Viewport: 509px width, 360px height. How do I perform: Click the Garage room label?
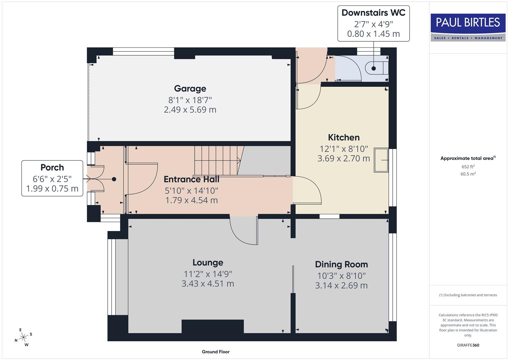pos(190,89)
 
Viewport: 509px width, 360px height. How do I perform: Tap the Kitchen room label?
pos(344,137)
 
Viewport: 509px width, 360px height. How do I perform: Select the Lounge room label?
pos(208,263)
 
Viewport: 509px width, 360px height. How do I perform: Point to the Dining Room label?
pos(341,264)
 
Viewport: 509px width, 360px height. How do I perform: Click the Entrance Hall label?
pos(191,179)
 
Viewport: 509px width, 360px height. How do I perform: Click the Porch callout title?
pos(52,167)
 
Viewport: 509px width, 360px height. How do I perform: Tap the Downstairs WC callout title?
pos(373,13)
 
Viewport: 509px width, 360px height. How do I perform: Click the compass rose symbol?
pos(23,337)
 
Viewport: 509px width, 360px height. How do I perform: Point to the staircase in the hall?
pos(217,160)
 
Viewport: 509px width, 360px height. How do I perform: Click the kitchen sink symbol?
pos(381,160)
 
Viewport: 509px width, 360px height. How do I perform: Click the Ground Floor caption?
pos(216,352)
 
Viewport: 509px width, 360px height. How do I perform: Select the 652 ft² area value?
pos(468,167)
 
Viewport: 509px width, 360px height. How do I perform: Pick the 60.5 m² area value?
pos(468,174)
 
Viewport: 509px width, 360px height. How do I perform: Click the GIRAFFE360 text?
pos(468,345)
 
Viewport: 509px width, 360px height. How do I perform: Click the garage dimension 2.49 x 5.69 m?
pos(190,110)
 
